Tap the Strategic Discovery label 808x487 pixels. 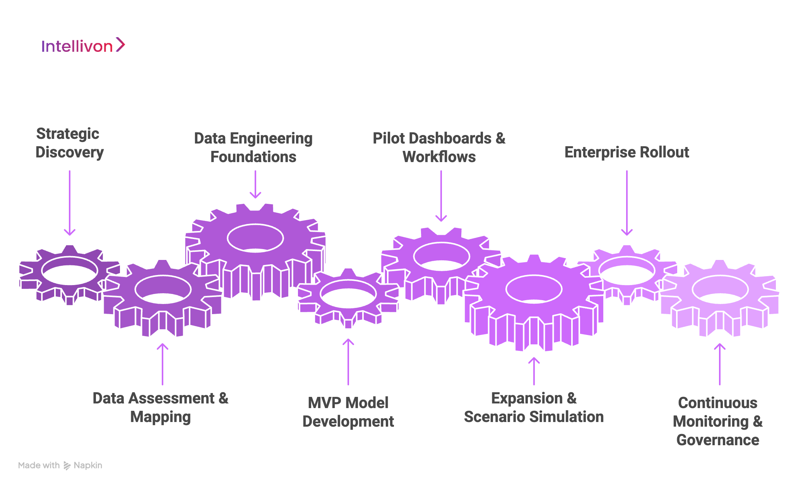[x=69, y=143]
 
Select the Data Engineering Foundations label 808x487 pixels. [x=253, y=147]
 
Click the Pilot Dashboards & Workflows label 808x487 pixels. [x=439, y=147]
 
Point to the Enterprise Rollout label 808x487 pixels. [x=627, y=152]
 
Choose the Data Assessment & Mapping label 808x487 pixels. [x=161, y=407]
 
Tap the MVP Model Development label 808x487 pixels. [x=348, y=412]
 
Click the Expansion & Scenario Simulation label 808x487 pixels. [x=534, y=407]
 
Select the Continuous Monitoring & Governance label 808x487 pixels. [x=718, y=421]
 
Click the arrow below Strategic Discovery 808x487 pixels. [x=70, y=203]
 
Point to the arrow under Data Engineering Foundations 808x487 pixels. [x=255, y=184]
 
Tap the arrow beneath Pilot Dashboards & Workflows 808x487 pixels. [x=441, y=196]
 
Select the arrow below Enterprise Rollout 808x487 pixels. [x=627, y=203]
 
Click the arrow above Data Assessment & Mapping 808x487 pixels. [x=163, y=364]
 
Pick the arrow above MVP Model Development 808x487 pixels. [x=348, y=362]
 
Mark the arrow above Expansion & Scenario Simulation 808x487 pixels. [x=534, y=371]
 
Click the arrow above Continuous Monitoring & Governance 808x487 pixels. [x=720, y=364]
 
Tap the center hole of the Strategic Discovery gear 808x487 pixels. [x=70, y=271]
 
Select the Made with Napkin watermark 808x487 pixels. [x=60, y=465]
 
